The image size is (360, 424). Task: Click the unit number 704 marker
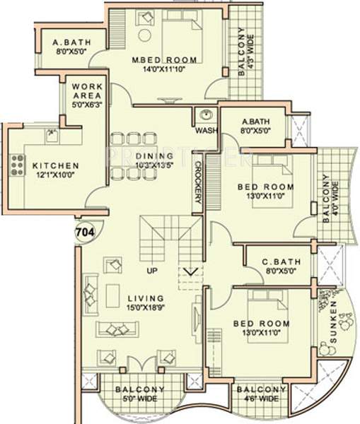[x=84, y=231]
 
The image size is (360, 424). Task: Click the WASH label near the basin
[x=206, y=130]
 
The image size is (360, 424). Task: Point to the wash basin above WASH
[x=207, y=116]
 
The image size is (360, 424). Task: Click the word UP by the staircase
[x=151, y=271]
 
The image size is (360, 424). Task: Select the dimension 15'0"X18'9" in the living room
[x=145, y=309]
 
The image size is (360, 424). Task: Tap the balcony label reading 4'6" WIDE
[x=261, y=400]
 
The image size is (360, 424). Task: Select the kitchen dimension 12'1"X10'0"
[x=56, y=177]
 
